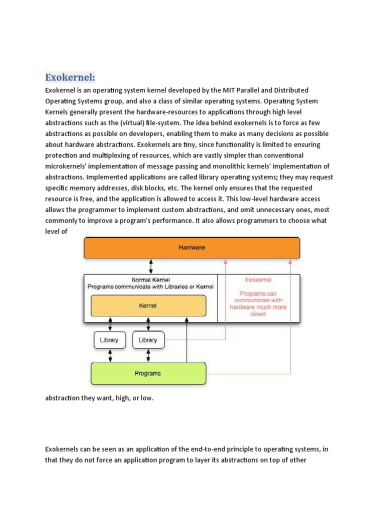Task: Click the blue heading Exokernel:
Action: [70, 77]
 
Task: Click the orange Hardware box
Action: [192, 247]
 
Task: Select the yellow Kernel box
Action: [148, 305]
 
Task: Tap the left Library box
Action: [109, 340]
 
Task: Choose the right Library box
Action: [148, 340]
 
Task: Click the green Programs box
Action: [148, 373]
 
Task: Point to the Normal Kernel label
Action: [150, 279]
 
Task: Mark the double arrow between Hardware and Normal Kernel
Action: [151, 266]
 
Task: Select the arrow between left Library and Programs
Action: [109, 355]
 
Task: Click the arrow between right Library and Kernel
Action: [148, 324]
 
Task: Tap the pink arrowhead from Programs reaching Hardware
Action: [290, 261]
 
